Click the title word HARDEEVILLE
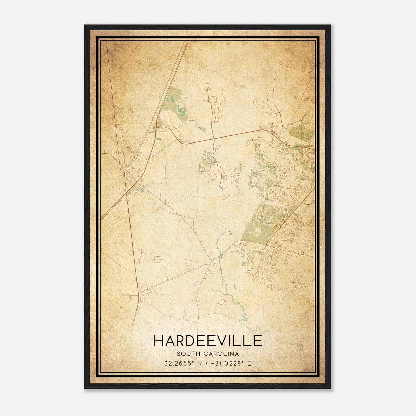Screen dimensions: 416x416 [x=208, y=341]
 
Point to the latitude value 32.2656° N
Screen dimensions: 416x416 [x=181, y=363]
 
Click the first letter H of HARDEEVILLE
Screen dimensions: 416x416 [x=159, y=341]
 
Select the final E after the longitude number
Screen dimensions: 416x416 [x=249, y=363]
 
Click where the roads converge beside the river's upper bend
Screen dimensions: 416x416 [x=212, y=260]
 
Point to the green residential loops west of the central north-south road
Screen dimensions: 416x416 [x=207, y=162]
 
